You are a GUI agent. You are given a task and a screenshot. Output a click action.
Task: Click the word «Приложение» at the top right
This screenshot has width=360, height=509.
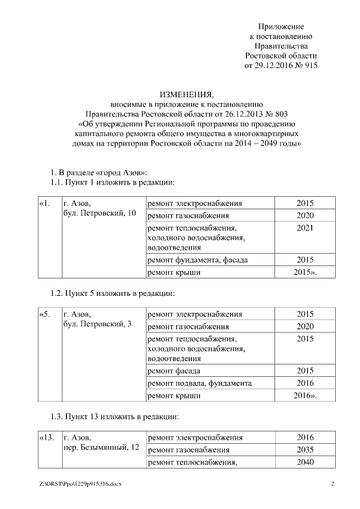281,26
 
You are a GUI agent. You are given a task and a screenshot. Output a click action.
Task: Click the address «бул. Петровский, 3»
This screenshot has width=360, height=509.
97,325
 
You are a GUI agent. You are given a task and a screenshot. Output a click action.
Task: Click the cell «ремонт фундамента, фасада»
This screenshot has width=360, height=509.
197,260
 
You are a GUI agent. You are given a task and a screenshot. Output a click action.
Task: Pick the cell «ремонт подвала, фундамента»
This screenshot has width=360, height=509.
199,384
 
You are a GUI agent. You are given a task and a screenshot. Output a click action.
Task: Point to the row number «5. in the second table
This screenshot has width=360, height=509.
45,314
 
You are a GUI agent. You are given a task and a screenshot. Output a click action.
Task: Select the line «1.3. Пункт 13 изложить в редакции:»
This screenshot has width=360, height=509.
115,417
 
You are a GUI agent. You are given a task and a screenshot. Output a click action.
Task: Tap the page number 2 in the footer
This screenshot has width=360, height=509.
332,484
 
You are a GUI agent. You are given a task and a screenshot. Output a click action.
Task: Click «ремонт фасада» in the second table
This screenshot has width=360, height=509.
174,371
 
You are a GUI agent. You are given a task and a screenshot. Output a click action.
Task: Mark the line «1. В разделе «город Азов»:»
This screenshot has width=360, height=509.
99,172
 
